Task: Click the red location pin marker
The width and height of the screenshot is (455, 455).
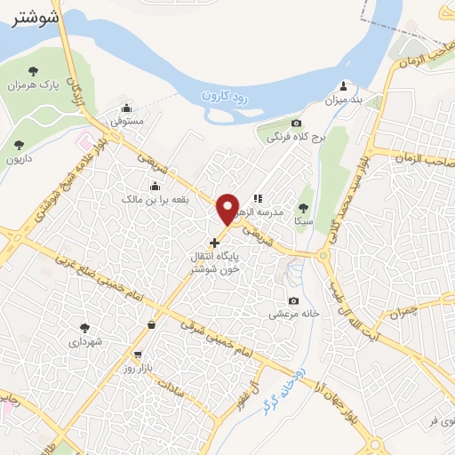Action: pyautogui.click(x=228, y=209)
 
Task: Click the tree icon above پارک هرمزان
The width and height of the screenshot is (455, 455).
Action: pyautogui.click(x=33, y=70)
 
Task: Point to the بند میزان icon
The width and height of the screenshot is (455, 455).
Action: pyautogui.click(x=344, y=87)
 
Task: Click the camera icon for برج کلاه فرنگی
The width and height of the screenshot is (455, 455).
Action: pyautogui.click(x=296, y=123)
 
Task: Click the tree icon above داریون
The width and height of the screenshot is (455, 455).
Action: pyautogui.click(x=19, y=145)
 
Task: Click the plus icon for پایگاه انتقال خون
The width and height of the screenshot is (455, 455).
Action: pyautogui.click(x=214, y=242)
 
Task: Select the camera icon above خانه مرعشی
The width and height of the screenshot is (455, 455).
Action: pyautogui.click(x=293, y=300)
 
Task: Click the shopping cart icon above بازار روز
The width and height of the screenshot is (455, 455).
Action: pyautogui.click(x=137, y=355)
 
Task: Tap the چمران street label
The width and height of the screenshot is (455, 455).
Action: pyautogui.click(x=402, y=313)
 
